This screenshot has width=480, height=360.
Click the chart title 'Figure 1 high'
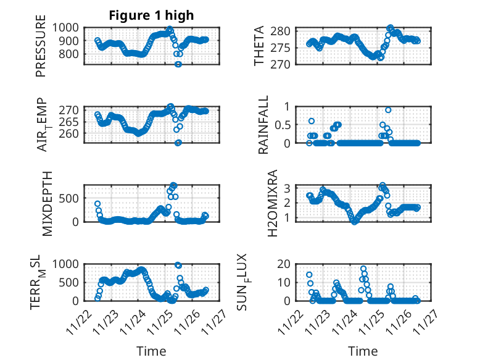point(151,15)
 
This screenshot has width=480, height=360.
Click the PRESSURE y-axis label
point(41,51)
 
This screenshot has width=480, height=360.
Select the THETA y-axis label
point(259,46)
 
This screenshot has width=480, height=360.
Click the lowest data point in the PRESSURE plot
point(178,64)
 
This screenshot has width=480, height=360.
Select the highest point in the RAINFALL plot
point(388,110)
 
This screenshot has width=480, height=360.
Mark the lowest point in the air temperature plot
point(178,143)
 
